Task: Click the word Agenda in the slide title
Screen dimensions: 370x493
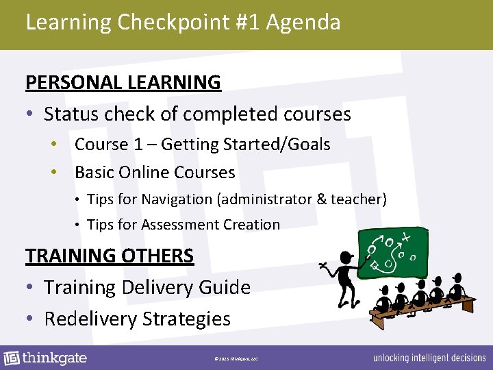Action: coord(303,23)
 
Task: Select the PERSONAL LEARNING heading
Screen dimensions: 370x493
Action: coord(123,82)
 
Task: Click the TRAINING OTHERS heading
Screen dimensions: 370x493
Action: coord(110,256)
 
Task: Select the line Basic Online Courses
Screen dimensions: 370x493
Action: coord(155,173)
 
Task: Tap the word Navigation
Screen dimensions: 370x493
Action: coord(177,199)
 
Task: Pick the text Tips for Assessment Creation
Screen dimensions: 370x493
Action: coord(184,225)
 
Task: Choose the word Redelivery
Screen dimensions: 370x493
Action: coord(90,319)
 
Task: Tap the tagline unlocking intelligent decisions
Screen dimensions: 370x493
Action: coord(429,358)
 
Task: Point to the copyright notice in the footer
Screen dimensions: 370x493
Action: coord(235,358)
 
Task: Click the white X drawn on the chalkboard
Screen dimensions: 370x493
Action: coord(407,238)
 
